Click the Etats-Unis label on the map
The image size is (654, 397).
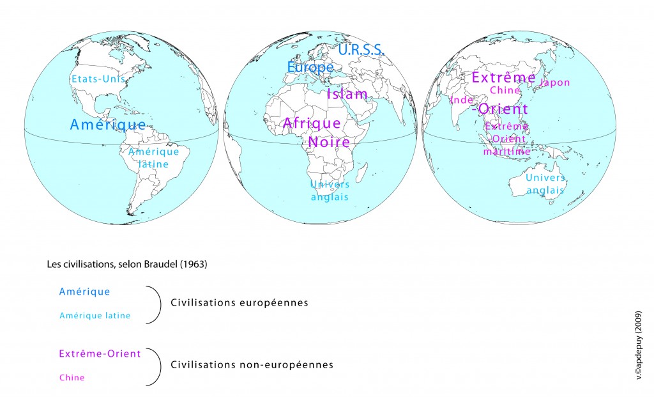point(98,79)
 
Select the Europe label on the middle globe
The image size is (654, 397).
point(310,66)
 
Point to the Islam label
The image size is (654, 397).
point(347,95)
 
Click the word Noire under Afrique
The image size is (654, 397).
point(329,142)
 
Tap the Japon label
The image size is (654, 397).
point(555,82)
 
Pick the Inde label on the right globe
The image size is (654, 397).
point(460,100)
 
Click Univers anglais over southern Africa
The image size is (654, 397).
point(330,191)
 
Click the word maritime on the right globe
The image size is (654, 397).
point(506,152)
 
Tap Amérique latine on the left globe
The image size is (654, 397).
point(153,158)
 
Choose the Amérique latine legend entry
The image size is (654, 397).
point(95,315)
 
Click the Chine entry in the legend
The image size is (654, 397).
point(72,378)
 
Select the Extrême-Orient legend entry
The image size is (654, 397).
point(99,354)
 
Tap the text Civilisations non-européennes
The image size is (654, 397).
point(252,365)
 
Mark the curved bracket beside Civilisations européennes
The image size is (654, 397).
point(155,304)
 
